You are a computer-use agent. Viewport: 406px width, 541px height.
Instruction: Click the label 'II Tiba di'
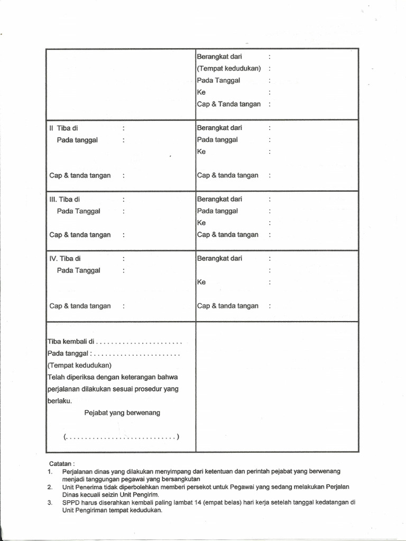click(x=63, y=128)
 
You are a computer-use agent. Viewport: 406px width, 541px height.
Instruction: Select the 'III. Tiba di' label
click(x=66, y=199)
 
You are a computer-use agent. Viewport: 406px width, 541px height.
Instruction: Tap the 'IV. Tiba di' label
click(x=66, y=258)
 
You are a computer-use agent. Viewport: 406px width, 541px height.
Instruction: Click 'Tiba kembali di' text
click(x=70, y=341)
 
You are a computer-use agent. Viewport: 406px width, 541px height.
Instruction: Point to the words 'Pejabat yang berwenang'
click(x=122, y=413)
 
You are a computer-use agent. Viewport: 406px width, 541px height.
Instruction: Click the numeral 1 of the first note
click(x=49, y=470)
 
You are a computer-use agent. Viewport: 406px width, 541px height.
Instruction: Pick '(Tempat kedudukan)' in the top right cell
click(x=229, y=68)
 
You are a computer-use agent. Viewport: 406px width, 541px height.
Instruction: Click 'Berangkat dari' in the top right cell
click(x=219, y=56)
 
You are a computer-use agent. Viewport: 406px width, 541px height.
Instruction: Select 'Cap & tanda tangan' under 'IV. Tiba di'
click(x=80, y=306)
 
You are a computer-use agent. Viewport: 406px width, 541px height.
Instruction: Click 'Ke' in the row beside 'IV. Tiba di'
click(x=201, y=282)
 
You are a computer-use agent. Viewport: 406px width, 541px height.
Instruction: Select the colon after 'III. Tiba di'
click(x=123, y=199)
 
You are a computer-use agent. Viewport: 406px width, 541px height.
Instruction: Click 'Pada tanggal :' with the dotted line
click(x=69, y=353)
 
